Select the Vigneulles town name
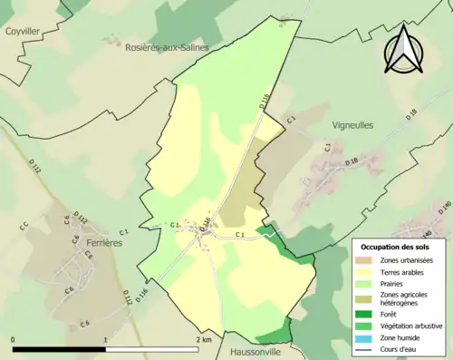coord(353,126)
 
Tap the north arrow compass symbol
coord(405,48)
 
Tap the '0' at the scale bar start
coord(13,339)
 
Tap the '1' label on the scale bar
coord(106,339)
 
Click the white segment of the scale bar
coord(152,348)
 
